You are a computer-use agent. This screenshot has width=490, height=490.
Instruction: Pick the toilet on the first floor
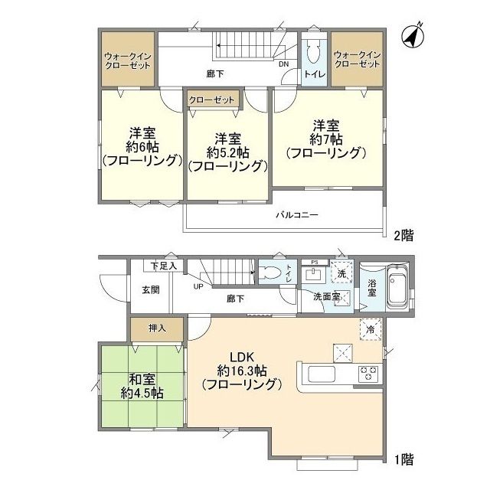point(271,274)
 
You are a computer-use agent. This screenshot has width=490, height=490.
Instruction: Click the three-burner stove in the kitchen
point(369,374)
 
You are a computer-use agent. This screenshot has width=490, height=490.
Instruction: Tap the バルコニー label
point(297,215)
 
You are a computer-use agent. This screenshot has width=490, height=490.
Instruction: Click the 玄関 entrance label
point(150,289)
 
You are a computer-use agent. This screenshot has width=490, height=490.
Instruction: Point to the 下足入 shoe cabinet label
point(163,266)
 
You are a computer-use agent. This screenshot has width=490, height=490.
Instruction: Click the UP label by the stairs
point(198,287)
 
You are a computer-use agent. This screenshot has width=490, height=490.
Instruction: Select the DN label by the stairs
point(283,64)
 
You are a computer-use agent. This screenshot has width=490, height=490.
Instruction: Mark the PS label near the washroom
point(314,262)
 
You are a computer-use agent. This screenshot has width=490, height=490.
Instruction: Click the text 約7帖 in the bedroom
point(326,139)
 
